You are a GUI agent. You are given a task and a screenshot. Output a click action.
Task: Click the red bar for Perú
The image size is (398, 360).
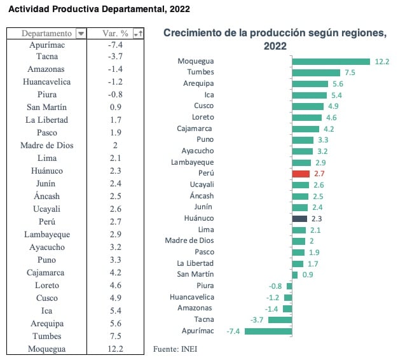point(301,174)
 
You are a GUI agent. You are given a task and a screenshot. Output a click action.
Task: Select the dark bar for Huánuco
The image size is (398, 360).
point(299,218)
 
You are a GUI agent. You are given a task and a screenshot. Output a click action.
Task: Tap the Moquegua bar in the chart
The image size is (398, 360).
point(331,62)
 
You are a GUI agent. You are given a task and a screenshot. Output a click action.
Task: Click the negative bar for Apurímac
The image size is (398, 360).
point(268,331)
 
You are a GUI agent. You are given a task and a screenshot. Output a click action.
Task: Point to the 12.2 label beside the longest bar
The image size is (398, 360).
point(381,62)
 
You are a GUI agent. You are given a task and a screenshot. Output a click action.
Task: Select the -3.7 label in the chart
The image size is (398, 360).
point(257,319)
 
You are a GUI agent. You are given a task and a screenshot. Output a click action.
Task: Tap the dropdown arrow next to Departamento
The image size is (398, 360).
point(80,33)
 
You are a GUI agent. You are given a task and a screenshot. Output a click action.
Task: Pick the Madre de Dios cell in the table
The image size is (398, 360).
point(46,145)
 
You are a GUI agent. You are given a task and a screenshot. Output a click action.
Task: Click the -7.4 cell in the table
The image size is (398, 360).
point(116,45)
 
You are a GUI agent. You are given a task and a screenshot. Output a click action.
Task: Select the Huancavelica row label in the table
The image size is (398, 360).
point(46,81)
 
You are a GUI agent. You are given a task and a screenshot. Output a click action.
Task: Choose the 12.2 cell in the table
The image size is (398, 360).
point(116,349)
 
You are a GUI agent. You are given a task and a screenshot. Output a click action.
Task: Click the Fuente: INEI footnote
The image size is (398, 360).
point(180,348)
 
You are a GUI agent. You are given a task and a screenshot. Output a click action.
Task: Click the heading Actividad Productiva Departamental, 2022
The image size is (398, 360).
point(98,10)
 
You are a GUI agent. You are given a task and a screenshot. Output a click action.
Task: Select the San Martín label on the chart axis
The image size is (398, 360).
point(196,274)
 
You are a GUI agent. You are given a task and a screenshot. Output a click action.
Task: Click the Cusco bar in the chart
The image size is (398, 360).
point(307,106)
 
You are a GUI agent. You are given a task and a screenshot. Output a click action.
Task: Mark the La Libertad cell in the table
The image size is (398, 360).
point(46,120)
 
